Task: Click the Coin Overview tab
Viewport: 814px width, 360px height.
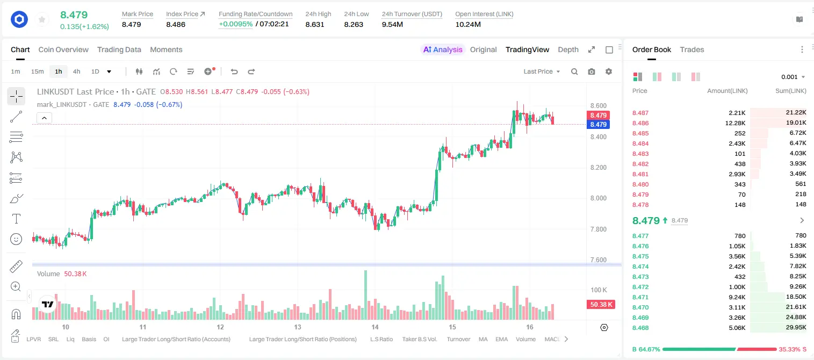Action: pos(63,49)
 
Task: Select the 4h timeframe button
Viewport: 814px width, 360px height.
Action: pos(76,71)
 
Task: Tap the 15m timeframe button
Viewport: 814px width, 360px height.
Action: pos(37,71)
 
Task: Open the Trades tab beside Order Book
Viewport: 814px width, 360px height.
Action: pos(691,49)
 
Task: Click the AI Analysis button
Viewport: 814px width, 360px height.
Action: pos(443,49)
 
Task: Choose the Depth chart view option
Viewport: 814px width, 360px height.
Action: pos(568,49)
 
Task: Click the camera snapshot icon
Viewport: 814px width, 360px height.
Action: pos(592,71)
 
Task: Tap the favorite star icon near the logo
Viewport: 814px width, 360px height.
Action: pos(42,20)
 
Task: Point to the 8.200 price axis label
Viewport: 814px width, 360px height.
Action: pos(599,168)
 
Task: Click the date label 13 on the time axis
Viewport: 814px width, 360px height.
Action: pos(298,327)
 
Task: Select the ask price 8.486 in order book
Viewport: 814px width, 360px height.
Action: pos(640,123)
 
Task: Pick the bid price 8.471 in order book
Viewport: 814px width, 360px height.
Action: pos(640,297)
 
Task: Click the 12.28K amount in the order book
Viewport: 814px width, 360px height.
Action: pos(735,123)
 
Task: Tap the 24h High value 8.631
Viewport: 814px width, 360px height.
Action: pos(315,24)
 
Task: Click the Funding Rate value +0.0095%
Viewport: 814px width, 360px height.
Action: pos(235,24)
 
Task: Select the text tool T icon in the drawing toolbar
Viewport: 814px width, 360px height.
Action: pos(16,219)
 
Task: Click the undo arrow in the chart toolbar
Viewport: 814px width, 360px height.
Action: pos(234,71)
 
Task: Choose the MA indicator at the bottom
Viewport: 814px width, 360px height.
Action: pos(483,339)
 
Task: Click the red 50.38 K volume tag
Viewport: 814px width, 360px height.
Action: pos(601,305)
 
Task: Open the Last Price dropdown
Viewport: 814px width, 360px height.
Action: pos(542,71)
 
